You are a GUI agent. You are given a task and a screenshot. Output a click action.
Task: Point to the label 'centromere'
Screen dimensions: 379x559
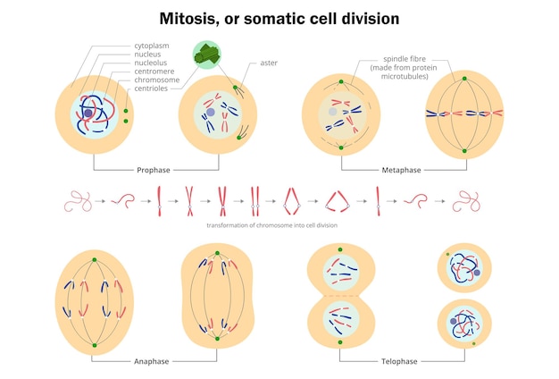tap(155, 72)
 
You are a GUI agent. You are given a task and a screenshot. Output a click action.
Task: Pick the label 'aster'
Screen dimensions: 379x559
tap(269, 63)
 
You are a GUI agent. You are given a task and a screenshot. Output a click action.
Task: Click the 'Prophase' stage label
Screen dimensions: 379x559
tap(154, 170)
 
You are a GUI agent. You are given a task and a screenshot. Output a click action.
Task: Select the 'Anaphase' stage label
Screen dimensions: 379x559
tap(152, 361)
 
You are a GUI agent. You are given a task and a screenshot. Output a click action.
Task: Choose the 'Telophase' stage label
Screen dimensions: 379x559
tap(390, 361)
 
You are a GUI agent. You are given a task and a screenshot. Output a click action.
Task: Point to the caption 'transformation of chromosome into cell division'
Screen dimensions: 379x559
tap(271, 225)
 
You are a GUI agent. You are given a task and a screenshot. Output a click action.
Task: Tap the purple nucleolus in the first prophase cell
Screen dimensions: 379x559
tap(88, 114)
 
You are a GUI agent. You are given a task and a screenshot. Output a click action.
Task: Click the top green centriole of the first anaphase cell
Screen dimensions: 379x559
tap(94, 260)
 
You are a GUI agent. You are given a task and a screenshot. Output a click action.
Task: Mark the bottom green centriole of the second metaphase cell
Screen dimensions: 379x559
tap(464, 154)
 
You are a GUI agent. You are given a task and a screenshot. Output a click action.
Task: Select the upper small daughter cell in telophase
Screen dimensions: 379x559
tap(464, 267)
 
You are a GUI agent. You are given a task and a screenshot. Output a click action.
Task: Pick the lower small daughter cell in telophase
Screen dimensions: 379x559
tap(464, 323)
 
